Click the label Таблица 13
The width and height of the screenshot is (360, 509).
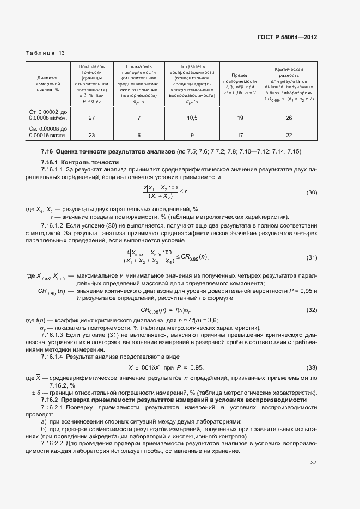pos(45,53)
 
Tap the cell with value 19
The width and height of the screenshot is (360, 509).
pos(240,117)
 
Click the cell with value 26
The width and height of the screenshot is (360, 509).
pos(289,117)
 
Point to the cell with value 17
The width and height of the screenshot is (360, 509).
pos(240,135)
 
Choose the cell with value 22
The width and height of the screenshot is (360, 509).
pos(289,135)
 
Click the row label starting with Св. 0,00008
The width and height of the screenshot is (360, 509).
pos(48,132)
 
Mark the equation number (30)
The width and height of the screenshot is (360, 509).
pos(312,192)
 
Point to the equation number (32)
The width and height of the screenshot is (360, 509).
pos(312,310)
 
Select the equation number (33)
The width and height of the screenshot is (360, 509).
pos(312,367)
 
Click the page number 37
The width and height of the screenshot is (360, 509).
pos(313,463)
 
